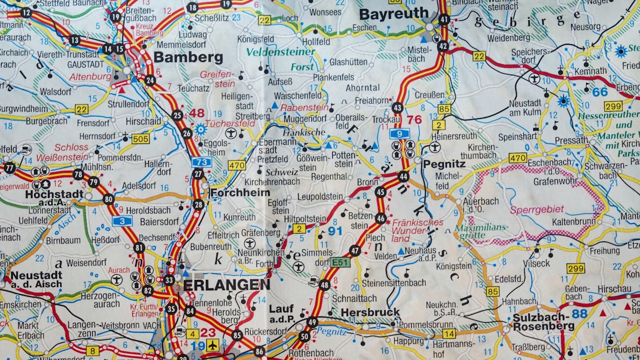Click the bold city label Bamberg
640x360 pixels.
click(188, 58)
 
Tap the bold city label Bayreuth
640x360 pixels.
click(394, 14)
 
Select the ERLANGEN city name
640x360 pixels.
click(226, 285)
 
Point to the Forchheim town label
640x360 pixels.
click(240, 193)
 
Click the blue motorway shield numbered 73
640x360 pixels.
click(202, 162)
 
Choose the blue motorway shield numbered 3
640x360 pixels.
click(122, 221)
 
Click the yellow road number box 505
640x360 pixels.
click(140, 139)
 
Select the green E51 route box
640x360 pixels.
click(340, 262)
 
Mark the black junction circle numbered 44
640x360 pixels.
click(403, 177)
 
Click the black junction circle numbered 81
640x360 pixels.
click(139, 247)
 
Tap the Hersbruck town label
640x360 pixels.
click(370, 312)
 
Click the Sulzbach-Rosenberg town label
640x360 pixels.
click(543, 321)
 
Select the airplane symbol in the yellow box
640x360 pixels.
click(213, 345)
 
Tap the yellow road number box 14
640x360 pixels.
click(449, 333)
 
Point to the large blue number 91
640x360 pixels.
click(335, 231)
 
